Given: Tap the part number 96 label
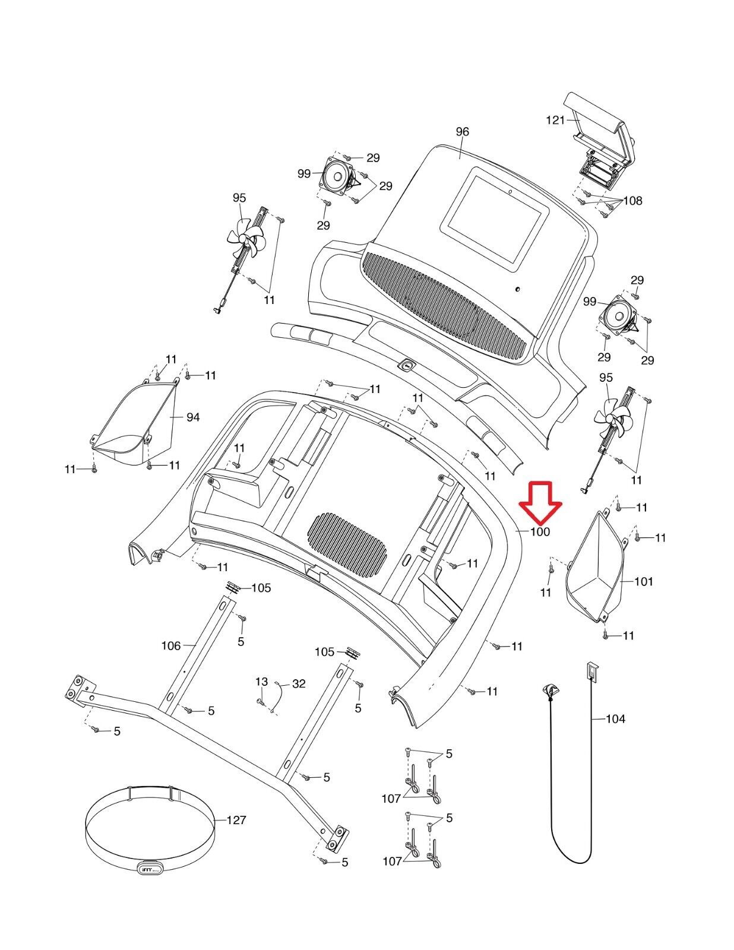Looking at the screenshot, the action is click(462, 132).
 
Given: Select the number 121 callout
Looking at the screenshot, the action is click(555, 120).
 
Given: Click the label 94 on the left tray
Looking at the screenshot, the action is click(193, 417).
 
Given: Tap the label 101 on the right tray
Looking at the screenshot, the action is click(644, 581).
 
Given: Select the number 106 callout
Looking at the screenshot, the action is click(171, 645).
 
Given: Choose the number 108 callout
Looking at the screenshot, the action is click(632, 201).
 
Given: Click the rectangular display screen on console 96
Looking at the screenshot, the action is click(494, 220).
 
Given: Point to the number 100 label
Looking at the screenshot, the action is click(540, 532).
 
